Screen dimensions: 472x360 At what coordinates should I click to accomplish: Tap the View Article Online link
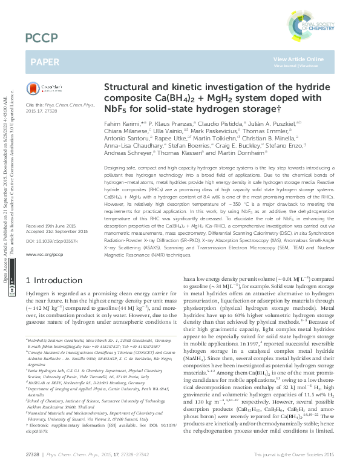coord(298,59)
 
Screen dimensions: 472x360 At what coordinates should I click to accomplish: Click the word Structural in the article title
coord(128,87)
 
